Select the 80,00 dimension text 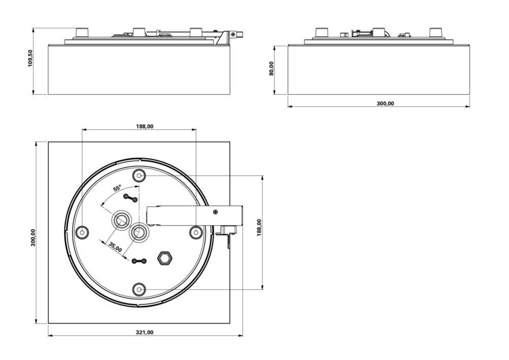coord(271,69)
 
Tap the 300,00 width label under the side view coord(385,103)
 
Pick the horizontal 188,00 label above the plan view coord(145,126)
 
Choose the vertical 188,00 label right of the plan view coord(259,227)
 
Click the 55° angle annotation coord(117,188)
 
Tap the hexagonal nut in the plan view coord(164,258)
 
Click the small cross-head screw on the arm coord(216,211)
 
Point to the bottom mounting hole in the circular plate coord(139,289)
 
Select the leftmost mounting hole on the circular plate coord(82,232)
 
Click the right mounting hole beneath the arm coord(196,232)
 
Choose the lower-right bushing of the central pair coord(138,232)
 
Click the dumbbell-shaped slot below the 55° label coord(130,198)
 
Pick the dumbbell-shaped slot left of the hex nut coord(139,261)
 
